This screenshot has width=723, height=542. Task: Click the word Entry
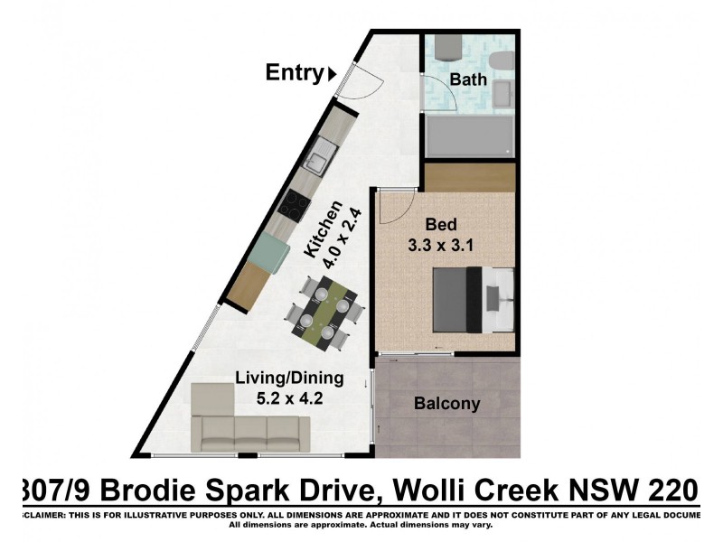pyautogui.click(x=294, y=73)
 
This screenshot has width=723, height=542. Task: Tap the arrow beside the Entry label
pyautogui.click(x=333, y=74)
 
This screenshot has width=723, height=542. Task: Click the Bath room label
pyautogui.click(x=468, y=79)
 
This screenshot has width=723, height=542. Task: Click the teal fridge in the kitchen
pyautogui.click(x=268, y=254)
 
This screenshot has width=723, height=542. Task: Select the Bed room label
pyautogui.click(x=443, y=225)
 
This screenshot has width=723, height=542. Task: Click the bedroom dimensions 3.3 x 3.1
pyautogui.click(x=443, y=244)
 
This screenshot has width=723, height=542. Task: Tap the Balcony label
pyautogui.click(x=446, y=404)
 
